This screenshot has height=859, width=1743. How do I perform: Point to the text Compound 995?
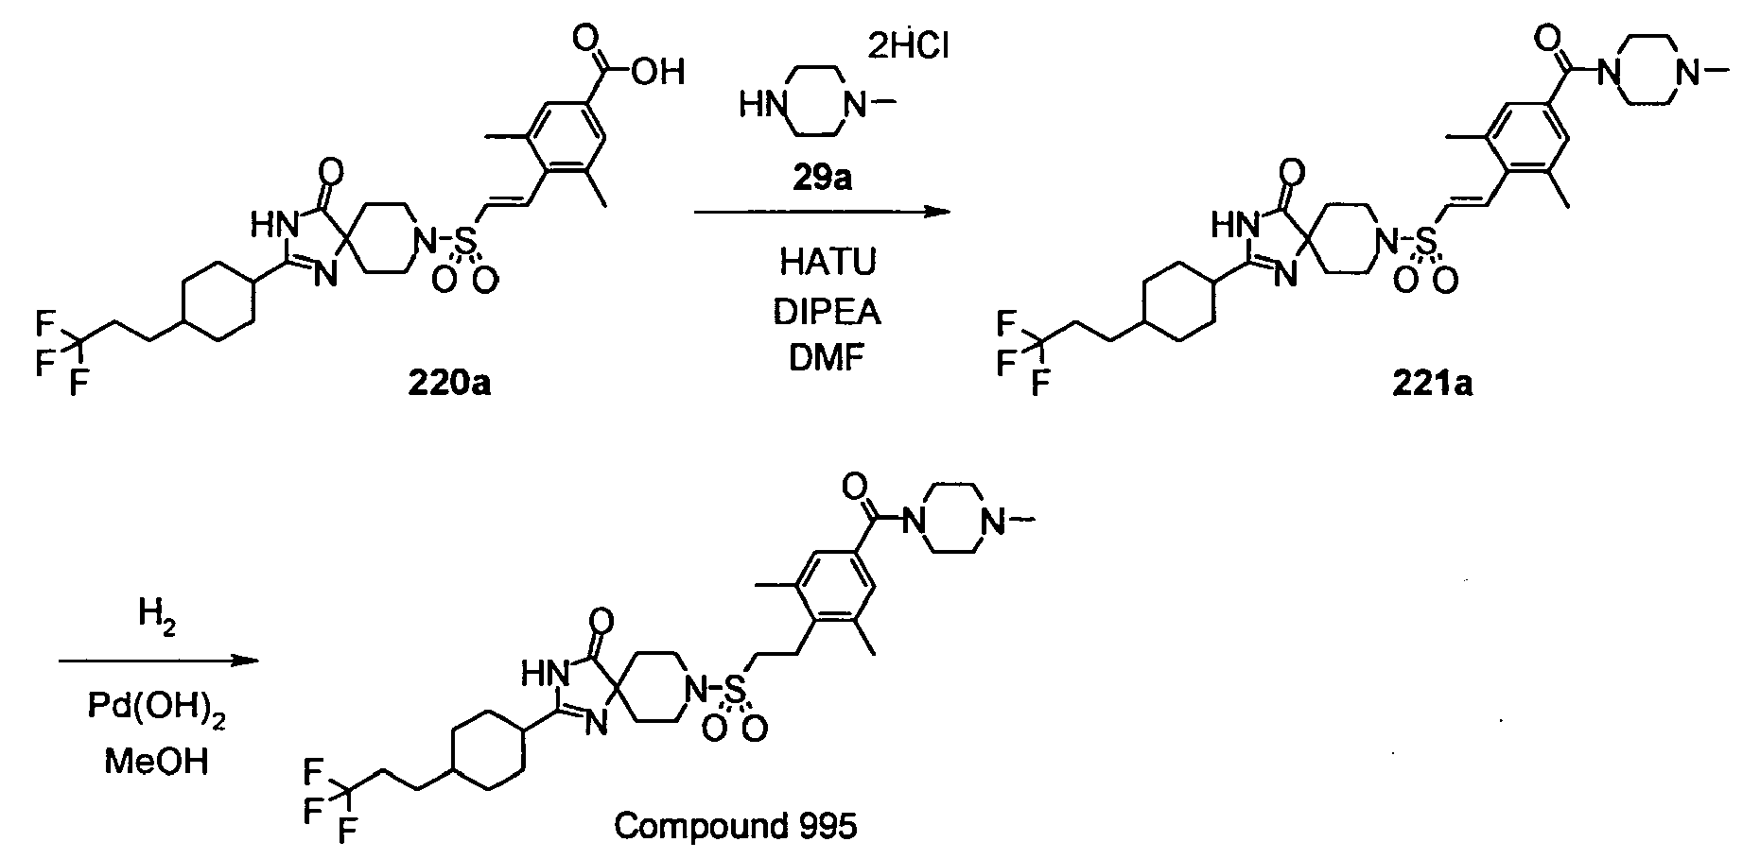tap(736, 827)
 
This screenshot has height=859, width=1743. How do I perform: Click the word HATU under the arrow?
tap(828, 263)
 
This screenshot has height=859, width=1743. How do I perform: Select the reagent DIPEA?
tap(828, 312)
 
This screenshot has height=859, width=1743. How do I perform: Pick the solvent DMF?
tap(828, 360)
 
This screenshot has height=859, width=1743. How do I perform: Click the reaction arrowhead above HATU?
tap(936, 213)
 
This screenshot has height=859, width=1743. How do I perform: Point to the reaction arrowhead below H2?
tap(245, 661)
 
